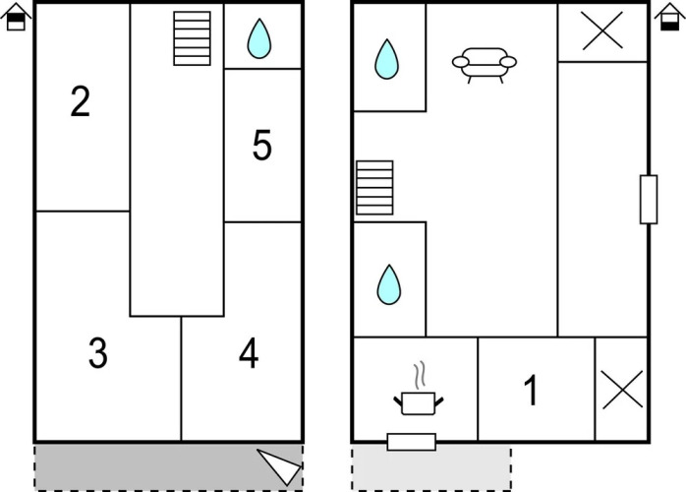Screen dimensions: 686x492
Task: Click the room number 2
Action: pos(80,101)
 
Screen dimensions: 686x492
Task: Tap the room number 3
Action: pos(98,352)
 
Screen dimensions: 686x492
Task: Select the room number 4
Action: pos(249,353)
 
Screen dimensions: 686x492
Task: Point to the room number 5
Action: pos(262,145)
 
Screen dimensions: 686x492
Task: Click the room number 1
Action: pos(531,390)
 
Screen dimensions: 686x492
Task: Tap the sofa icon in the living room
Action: pos(485,65)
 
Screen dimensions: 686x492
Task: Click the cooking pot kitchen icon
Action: pos(419,403)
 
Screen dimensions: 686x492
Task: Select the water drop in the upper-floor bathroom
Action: pos(259,38)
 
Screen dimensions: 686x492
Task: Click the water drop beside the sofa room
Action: pos(387,59)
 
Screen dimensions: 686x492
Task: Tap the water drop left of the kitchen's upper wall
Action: pos(389,284)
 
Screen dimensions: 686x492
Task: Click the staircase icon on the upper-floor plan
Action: pos(192,38)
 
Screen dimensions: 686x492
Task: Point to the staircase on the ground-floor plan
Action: pos(374,188)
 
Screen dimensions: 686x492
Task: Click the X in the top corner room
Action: pos(602,31)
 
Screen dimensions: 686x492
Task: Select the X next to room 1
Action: pos(622,390)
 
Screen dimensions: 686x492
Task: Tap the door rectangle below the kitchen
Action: pos(412,442)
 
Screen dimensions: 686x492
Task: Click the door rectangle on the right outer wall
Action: pos(649,200)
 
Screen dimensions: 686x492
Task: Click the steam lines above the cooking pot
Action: pos(420,376)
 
